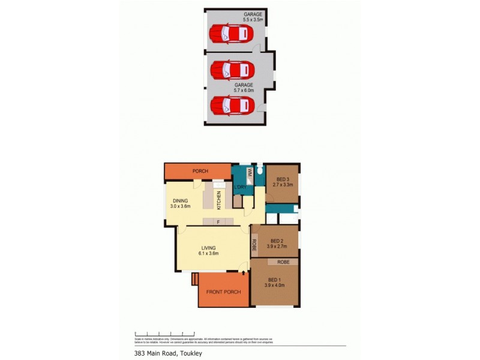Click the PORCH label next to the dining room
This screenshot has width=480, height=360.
(x=200, y=172)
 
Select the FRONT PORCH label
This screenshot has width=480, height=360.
(x=223, y=292)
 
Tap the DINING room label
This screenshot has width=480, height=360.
(x=181, y=201)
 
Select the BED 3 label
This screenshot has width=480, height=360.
(x=283, y=179)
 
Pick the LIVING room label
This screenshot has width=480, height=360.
(x=209, y=248)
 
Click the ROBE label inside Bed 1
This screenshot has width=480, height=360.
(x=284, y=262)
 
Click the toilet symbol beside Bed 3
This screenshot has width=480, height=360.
(x=259, y=170)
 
